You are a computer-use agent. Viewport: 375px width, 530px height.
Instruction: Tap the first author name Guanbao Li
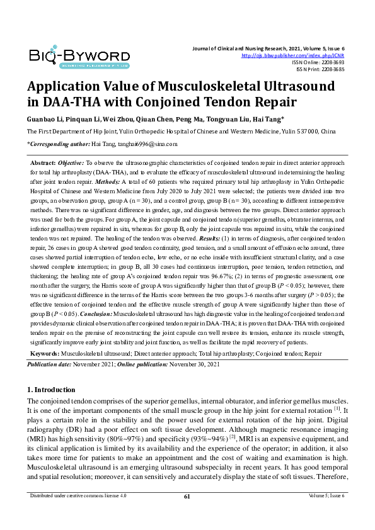42,119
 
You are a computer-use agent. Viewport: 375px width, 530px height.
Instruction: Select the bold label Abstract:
44,162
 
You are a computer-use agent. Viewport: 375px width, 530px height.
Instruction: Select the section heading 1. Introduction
52,390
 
